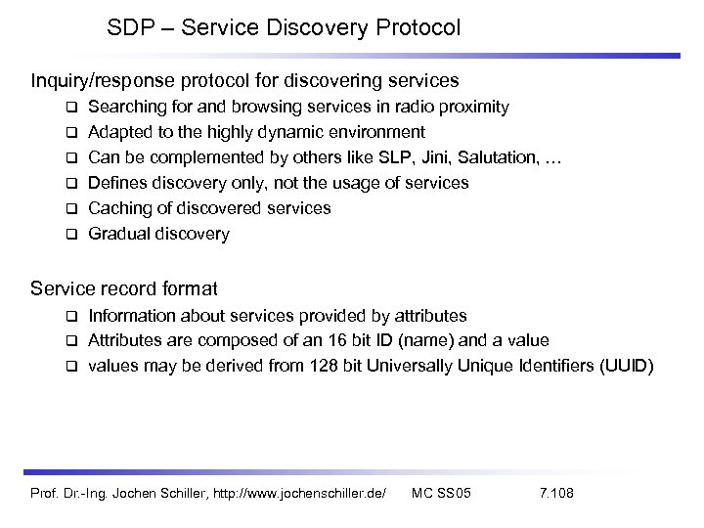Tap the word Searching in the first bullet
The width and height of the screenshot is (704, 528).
click(123, 106)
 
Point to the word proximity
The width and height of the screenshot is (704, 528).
click(474, 106)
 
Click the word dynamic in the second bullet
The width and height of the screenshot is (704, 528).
click(300, 131)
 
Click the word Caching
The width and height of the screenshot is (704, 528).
click(116, 208)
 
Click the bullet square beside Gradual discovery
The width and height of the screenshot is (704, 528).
click(71, 235)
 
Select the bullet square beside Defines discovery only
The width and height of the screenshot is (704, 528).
click(71, 184)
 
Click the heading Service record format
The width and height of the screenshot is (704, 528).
click(124, 289)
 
